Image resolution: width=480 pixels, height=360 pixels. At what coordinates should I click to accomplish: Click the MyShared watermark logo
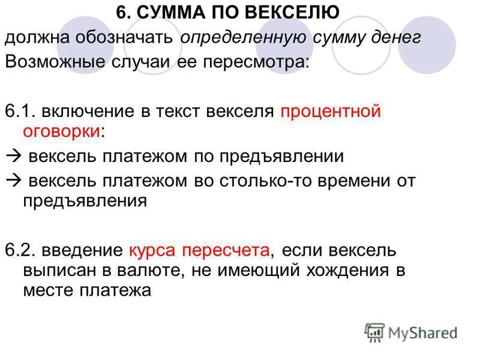(410, 332)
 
